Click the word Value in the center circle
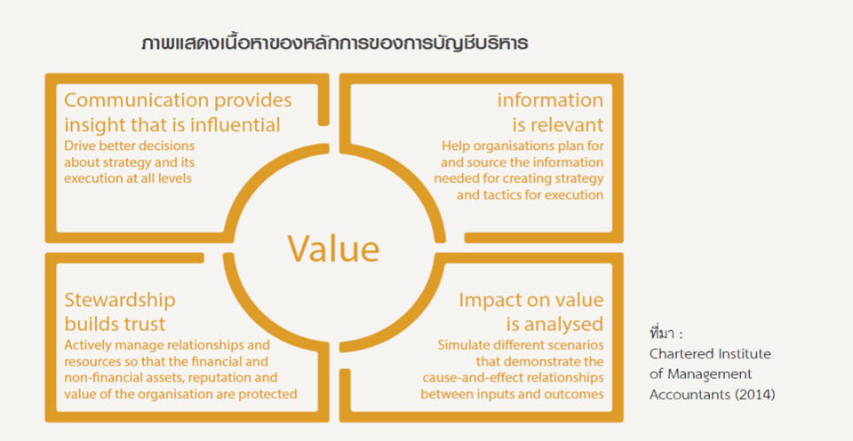[333, 248]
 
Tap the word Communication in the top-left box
[136, 100]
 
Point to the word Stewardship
[120, 301]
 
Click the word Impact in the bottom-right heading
[493, 301]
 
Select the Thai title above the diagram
[334, 43]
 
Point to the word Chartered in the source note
[674, 354]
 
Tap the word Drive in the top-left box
[78, 146]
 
